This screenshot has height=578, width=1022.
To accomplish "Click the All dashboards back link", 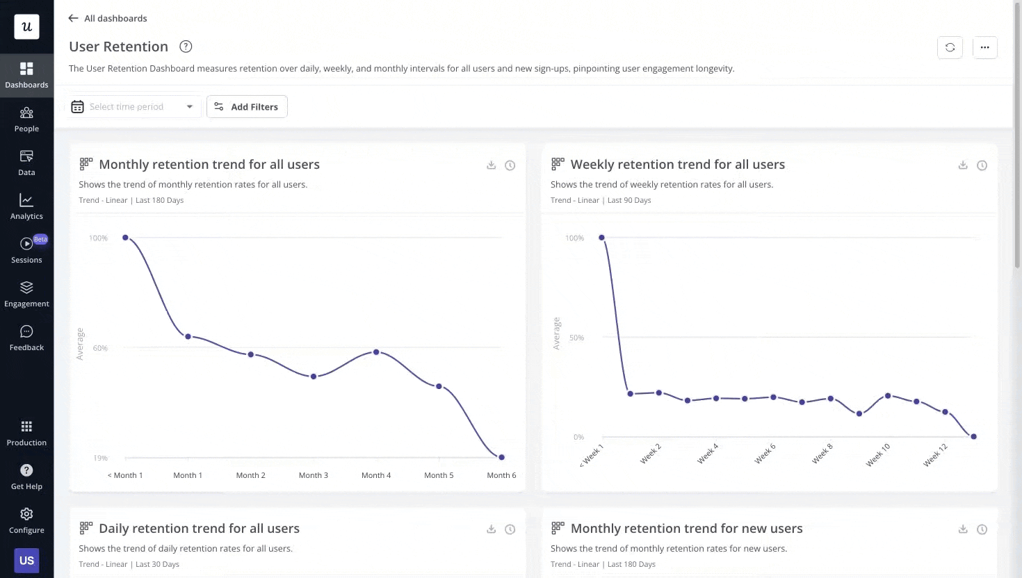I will (x=108, y=18).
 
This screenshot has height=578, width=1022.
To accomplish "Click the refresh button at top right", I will (x=950, y=47).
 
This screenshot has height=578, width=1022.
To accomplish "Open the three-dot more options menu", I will (x=984, y=47).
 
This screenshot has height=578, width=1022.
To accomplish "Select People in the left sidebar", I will (x=26, y=119).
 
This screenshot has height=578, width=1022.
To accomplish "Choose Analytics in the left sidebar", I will (x=26, y=207).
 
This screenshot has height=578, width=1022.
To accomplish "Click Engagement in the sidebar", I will (x=26, y=295).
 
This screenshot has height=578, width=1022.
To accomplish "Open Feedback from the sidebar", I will (x=26, y=338).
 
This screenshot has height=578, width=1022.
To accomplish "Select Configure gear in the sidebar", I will (x=26, y=520).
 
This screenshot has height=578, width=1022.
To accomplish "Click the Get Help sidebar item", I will (x=26, y=477).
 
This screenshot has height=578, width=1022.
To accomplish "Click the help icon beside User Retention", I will (x=186, y=47).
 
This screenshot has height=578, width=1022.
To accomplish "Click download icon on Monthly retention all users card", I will (x=491, y=165).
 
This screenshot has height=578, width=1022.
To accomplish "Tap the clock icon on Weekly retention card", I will (x=982, y=165).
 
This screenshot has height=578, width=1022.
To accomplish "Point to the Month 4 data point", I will (x=376, y=352).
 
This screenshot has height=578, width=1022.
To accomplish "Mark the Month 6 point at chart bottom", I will (x=501, y=457).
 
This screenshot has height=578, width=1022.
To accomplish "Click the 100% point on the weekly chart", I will (x=601, y=238).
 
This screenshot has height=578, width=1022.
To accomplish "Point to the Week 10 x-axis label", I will (x=877, y=455).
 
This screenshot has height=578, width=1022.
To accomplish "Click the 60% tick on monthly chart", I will (x=101, y=348).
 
